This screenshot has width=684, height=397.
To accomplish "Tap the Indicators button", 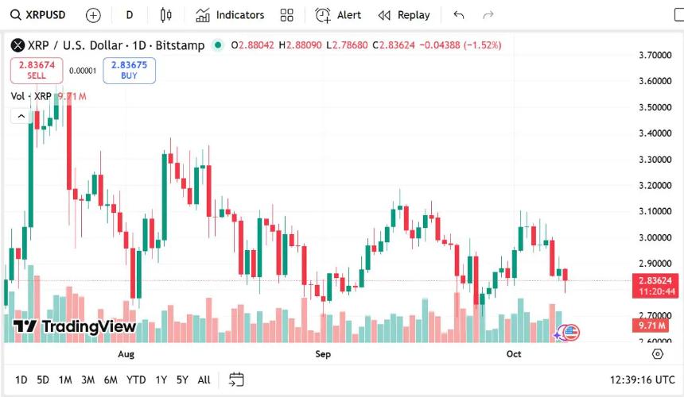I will tap(230, 15).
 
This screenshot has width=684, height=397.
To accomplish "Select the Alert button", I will tap(338, 15).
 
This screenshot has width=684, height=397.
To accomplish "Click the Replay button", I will tap(404, 15).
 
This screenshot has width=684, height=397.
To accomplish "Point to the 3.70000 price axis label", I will tap(655, 56).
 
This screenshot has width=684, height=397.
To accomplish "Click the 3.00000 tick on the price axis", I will tap(655, 237).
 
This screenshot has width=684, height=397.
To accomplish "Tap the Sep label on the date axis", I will tap(322, 354).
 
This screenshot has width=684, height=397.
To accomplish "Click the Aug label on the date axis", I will tap(126, 354).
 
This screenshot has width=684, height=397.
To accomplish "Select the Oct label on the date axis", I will tap(514, 354).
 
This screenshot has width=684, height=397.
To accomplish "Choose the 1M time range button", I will tap(65, 380).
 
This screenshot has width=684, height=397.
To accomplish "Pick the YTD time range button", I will tap(136, 380).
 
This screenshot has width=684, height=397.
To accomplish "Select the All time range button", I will tap(204, 380).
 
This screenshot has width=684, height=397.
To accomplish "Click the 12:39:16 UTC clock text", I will tap(642, 380).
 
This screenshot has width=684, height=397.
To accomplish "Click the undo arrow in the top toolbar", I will tap(458, 15).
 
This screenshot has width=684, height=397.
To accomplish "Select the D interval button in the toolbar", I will tap(130, 15).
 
